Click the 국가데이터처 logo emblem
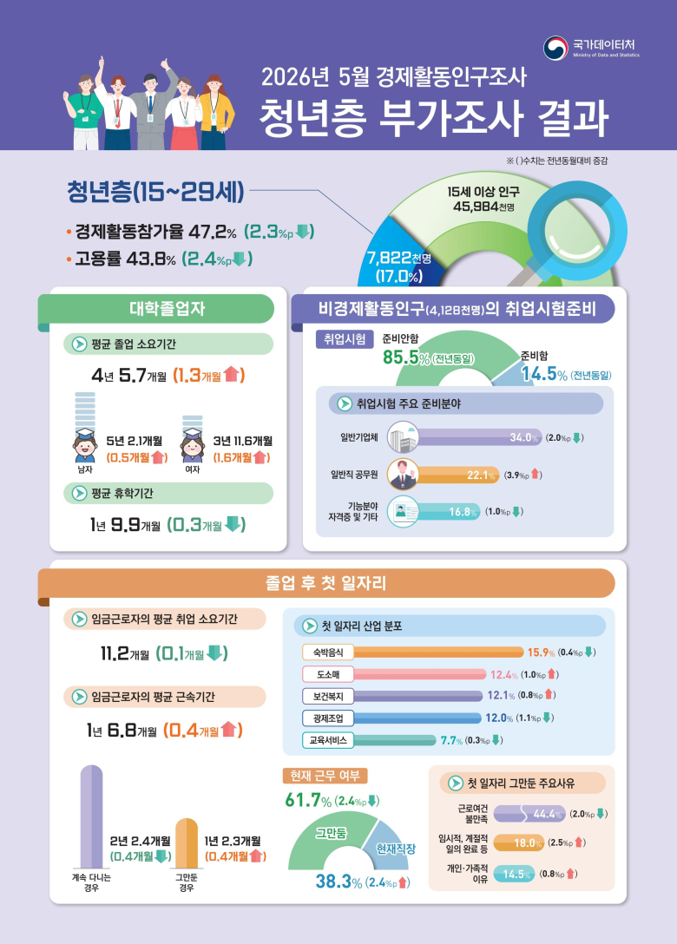[555, 49]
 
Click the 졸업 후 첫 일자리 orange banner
[325, 583]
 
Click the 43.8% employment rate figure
[150, 259]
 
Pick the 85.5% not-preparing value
[406, 357]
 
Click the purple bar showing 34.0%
[479, 437]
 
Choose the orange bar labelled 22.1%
[457, 475]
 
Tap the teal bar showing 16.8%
[449, 512]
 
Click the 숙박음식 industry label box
[328, 652]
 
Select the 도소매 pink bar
[419, 674]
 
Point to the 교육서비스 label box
[328, 740]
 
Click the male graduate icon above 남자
[85, 445]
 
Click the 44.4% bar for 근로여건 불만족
[529, 814]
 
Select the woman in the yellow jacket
[214, 113]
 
